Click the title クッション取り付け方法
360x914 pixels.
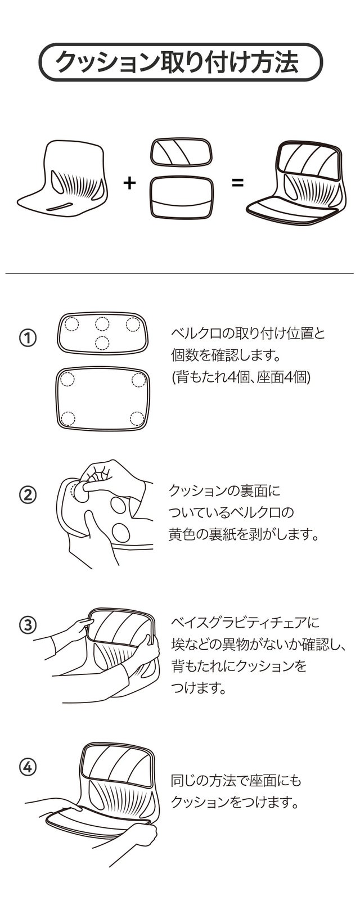[177, 62]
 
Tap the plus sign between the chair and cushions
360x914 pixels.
[129, 182]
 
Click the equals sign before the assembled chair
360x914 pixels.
[237, 182]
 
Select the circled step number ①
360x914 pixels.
[28, 338]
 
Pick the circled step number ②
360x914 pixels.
[28, 494]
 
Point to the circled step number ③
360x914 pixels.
[28, 625]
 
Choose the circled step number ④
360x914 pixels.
[28, 768]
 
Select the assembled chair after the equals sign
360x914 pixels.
[297, 183]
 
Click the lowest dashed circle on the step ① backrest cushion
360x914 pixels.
[102, 343]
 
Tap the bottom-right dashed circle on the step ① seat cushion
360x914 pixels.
[137, 419]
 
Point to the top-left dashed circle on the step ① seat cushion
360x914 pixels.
[67, 380]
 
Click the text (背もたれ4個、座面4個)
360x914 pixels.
[241, 377]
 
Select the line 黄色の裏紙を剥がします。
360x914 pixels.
[243, 534]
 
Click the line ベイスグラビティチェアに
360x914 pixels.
[245, 623]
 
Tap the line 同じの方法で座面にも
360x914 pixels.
[236, 781]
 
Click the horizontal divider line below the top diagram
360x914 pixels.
[179, 273]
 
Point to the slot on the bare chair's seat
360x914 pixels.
[60, 206]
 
